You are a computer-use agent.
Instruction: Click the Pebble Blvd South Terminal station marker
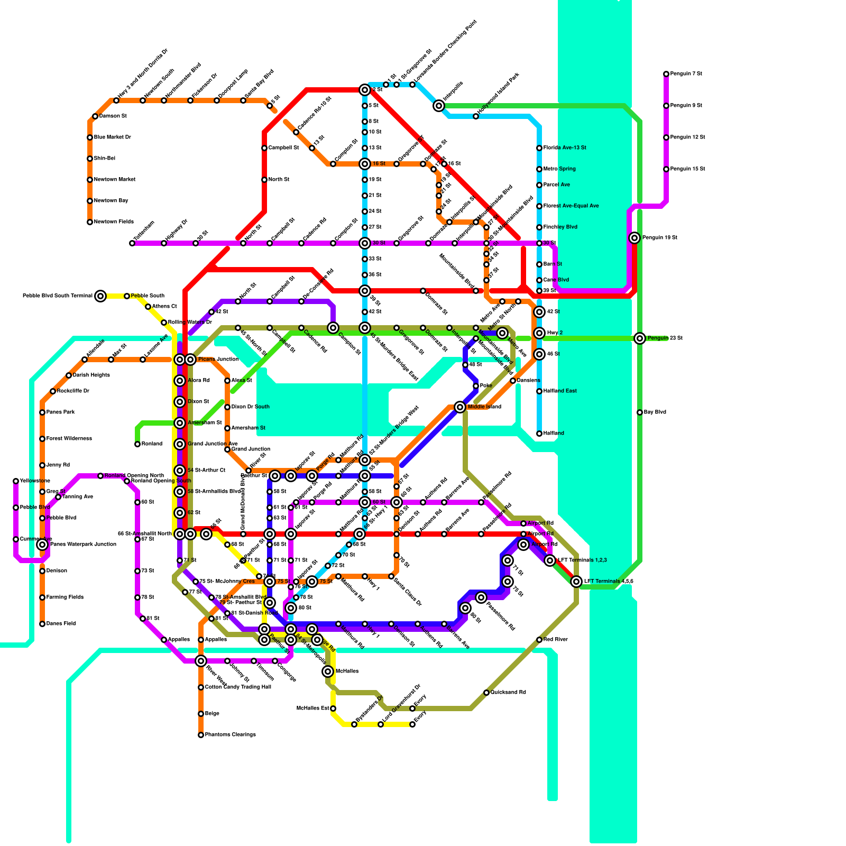(100, 296)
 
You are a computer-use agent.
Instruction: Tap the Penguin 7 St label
(686, 74)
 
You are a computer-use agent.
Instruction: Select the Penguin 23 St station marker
(640, 338)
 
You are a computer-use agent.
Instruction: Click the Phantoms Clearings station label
(231, 735)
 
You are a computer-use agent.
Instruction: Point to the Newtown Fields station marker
(90, 222)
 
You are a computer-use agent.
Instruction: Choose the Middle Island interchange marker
(460, 407)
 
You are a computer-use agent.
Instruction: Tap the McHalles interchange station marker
(328, 672)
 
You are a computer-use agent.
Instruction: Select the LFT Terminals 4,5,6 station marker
(576, 582)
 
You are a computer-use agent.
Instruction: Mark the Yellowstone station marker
(16, 481)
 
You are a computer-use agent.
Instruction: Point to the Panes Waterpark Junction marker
(42, 545)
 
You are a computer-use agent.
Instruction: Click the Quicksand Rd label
(508, 693)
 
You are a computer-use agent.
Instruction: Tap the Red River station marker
(539, 640)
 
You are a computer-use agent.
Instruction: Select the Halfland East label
(560, 391)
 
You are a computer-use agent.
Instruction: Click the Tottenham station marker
(132, 243)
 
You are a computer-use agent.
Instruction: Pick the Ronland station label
(152, 444)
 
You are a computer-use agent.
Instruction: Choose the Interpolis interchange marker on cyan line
(439, 106)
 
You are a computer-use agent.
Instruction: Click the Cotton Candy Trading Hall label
(238, 687)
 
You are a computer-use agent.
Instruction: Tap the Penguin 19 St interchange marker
(635, 238)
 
